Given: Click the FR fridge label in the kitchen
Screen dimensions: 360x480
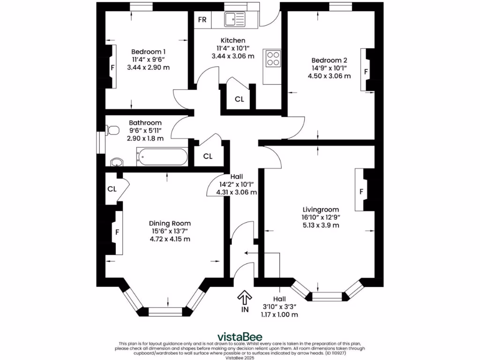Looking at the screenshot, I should [x=202, y=20].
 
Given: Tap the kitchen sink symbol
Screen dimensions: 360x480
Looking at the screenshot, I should [x=234, y=19].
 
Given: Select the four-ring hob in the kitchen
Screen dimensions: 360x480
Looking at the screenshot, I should [x=273, y=59].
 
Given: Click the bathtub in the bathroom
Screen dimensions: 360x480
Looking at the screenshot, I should [x=161, y=157].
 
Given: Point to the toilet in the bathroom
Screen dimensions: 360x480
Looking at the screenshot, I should [x=112, y=130].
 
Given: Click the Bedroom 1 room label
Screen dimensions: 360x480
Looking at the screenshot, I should [x=148, y=52].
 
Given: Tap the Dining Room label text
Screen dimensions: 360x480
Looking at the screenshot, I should [x=170, y=223].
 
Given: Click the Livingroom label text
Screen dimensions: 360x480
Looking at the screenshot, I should [x=321, y=209].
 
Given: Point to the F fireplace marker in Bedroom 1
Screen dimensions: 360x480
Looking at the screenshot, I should [x=112, y=67].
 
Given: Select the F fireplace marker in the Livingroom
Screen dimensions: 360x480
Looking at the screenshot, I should [x=361, y=192].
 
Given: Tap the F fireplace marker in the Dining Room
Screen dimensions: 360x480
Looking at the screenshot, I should [x=117, y=232].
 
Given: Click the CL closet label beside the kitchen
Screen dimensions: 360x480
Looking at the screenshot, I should [x=239, y=99].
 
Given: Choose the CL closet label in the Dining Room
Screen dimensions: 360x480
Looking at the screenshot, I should [x=112, y=189].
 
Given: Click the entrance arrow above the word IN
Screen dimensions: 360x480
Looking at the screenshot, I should [x=244, y=296].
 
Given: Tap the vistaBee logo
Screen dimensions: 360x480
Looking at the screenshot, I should [x=240, y=337].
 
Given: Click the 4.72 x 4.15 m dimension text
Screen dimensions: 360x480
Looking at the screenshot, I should [x=170, y=239].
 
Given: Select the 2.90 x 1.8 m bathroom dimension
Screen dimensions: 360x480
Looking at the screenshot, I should [x=145, y=138].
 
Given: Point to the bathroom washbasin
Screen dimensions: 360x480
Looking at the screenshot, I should [x=117, y=162].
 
